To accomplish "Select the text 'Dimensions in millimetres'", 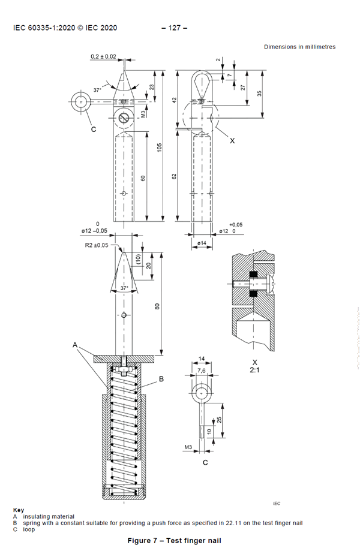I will pos(299,47).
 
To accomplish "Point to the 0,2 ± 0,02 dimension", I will pos(104,57).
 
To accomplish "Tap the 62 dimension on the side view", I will pos(173,176).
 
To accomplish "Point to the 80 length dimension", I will pos(157,306).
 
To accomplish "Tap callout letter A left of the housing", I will pos(75,345).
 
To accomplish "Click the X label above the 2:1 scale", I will pos(255,362).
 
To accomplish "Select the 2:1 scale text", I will pos(255,371).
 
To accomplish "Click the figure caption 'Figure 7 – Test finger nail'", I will pos(174,541).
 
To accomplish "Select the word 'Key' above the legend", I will pos(19,510).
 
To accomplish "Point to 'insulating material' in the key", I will pos(49,516).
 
